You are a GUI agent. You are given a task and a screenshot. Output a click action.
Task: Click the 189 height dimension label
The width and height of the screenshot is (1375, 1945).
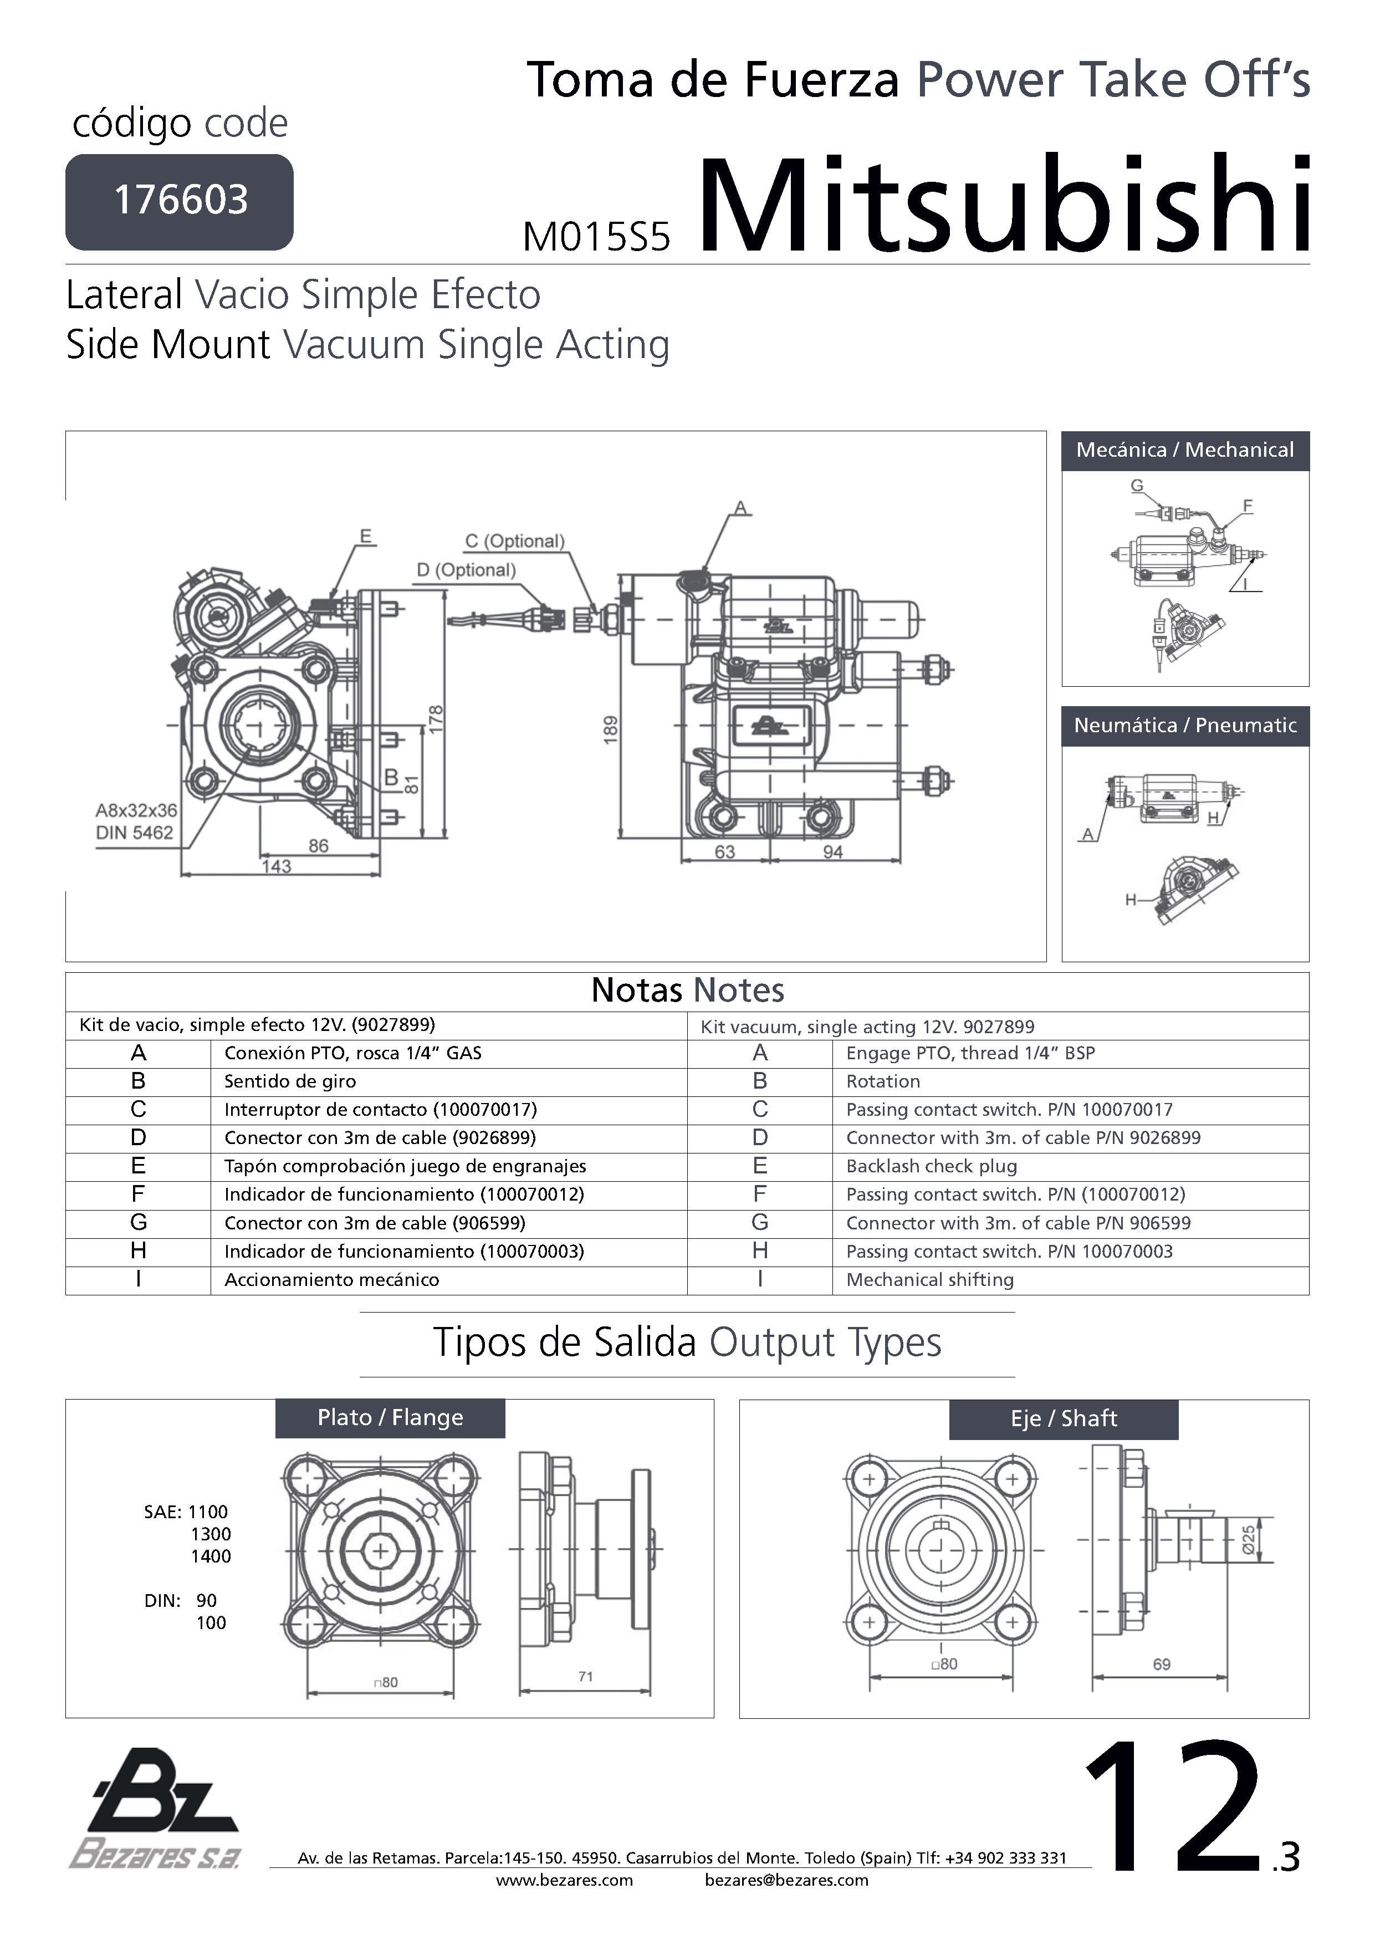[x=611, y=730]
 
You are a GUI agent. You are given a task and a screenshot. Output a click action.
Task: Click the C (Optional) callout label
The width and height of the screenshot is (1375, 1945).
[x=514, y=542]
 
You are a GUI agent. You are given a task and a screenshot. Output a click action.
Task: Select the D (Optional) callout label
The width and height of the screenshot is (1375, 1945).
[x=466, y=570]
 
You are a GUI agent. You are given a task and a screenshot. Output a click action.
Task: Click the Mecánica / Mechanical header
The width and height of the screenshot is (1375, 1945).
[x=1184, y=450]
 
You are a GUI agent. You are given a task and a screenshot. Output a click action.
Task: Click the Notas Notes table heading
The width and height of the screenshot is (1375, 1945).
[x=687, y=991]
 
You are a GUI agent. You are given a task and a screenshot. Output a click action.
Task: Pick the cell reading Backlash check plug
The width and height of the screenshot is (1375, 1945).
[x=931, y=1166]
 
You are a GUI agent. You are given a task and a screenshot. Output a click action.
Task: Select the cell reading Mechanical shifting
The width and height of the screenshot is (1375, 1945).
[x=929, y=1279]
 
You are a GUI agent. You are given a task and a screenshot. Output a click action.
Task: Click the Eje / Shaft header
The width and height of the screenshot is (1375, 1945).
[x=1063, y=1419]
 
